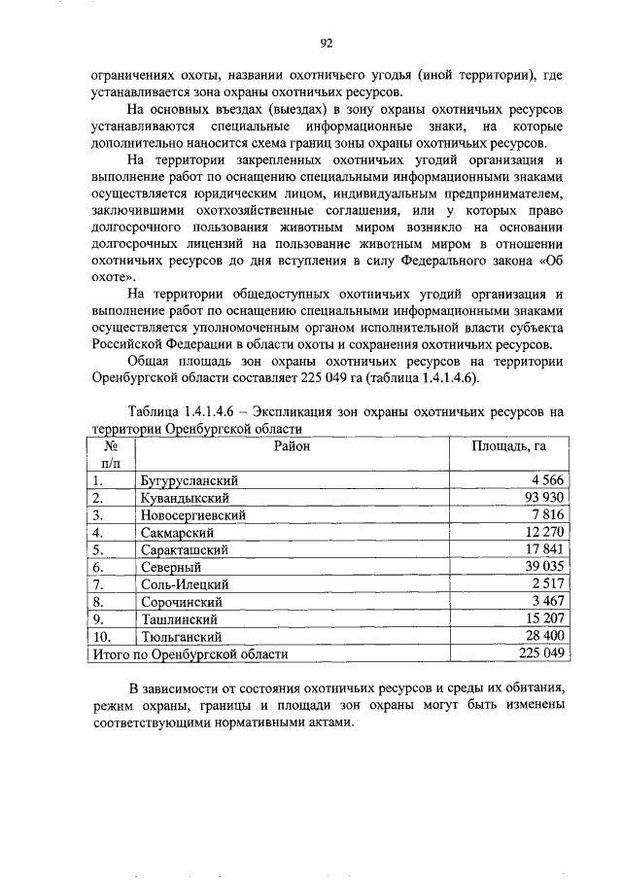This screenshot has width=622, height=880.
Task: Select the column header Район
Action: [x=292, y=446]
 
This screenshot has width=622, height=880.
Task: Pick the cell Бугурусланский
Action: [x=190, y=480]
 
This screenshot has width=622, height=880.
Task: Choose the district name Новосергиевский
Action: [x=192, y=515]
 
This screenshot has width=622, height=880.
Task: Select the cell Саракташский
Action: [x=185, y=550]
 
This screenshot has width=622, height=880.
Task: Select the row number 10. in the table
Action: [x=102, y=637]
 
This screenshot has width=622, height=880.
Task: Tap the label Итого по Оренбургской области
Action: [x=187, y=654]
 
